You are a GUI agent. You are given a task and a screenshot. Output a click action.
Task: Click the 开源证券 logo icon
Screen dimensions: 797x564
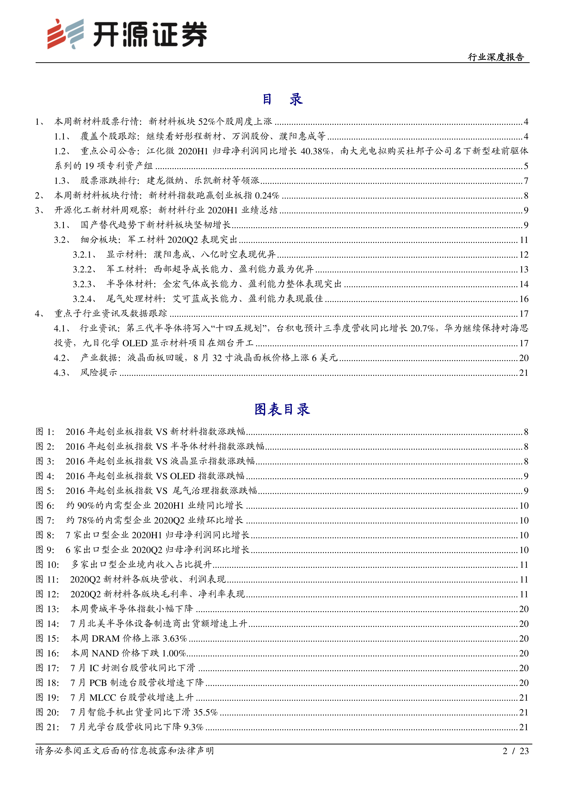click(x=65, y=34)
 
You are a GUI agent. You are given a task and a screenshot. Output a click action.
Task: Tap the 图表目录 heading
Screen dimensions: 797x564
click(x=282, y=409)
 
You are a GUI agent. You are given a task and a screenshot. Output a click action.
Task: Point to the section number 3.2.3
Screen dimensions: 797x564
click(x=84, y=284)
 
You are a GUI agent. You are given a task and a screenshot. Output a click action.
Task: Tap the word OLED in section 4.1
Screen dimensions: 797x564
click(x=135, y=343)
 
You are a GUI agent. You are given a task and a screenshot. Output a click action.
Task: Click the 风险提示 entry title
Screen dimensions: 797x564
click(x=99, y=372)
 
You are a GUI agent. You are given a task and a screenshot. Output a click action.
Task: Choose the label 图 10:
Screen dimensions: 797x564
click(x=47, y=565)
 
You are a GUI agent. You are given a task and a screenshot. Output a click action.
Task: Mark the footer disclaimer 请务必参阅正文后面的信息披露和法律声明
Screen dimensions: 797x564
click(x=124, y=751)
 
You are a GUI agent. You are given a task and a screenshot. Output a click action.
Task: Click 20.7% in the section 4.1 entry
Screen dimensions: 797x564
click(x=422, y=328)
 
